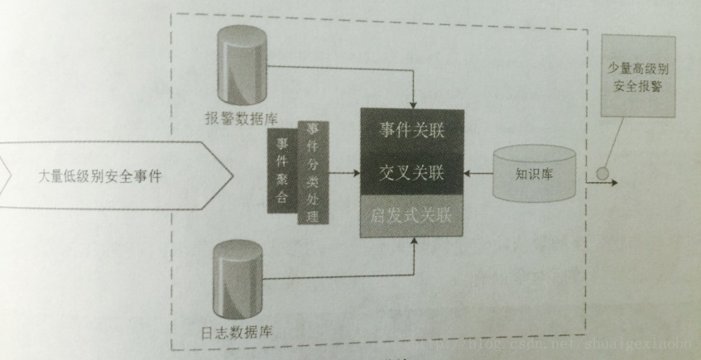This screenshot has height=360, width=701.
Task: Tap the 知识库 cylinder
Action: tap(533, 173)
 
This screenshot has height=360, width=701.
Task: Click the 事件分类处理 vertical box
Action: tap(312, 172)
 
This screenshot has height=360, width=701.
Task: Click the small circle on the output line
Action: tap(601, 176)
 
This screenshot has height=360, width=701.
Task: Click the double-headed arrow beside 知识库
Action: tap(479, 174)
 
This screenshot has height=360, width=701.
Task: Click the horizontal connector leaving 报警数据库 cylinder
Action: tap(339, 65)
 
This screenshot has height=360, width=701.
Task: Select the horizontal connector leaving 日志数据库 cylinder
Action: tap(339, 274)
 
